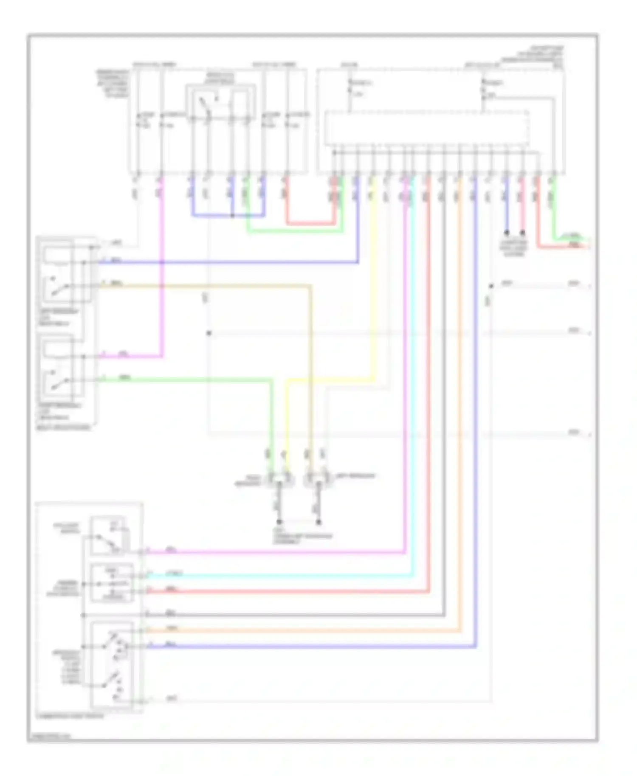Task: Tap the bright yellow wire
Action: pos(373,297)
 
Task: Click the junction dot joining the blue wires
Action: pos(232,216)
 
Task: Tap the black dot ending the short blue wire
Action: pos(507,233)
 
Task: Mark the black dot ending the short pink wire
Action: pos(523,233)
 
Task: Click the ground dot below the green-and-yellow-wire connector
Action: pos(279,522)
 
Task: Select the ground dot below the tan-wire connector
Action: pos(318,522)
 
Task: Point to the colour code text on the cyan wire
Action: pos(176,574)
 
